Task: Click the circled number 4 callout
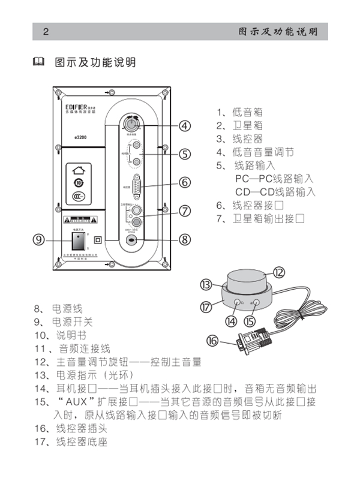coord(185,126)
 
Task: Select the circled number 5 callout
coord(185,154)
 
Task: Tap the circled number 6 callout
coord(185,182)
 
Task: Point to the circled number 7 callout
coord(185,211)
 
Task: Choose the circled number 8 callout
coord(185,239)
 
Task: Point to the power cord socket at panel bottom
coord(131,239)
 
